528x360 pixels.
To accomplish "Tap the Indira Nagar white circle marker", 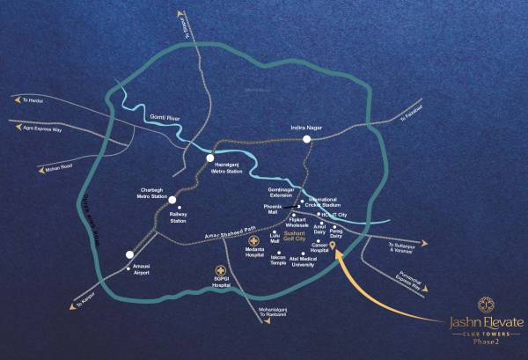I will pyautogui.click(x=307, y=139).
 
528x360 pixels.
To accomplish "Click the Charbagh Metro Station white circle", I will pyautogui.click(x=172, y=200).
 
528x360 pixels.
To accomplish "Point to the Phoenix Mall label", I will pyautogui.click(x=272, y=209).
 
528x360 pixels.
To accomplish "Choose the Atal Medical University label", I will pyautogui.click(x=304, y=261).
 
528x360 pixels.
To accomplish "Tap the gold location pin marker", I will pyautogui.click(x=333, y=239).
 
